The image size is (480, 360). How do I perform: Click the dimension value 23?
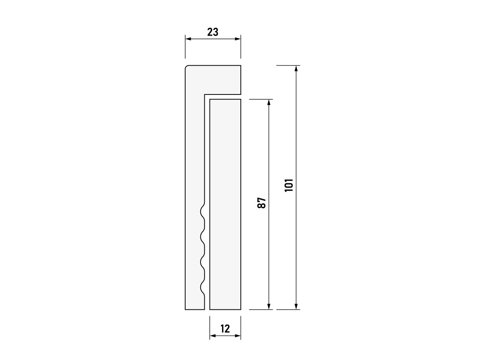coord(213,32)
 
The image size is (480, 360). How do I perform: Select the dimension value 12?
coord(225,329)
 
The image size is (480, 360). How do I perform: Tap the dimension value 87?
coord(262,203)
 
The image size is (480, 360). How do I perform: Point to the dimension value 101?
coord(289,185)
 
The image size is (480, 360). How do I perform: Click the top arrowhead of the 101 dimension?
coord(296,68)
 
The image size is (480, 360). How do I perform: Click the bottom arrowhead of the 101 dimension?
coord(296,307)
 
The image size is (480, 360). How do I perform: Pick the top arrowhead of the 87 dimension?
coord(269,102)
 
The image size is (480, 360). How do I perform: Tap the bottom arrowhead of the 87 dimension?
coord(269,307)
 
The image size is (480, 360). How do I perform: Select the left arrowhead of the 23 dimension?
coord(188,39)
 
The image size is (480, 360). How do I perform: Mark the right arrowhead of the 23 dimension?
coord(238,39)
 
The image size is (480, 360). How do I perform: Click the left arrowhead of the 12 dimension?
coord(213,335)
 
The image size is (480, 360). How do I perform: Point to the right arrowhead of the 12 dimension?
coord(238,335)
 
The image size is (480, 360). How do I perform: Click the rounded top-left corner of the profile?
coord(187,67)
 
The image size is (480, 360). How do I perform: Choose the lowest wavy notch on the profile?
coord(202,288)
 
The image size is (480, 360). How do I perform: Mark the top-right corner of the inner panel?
coord(240,100)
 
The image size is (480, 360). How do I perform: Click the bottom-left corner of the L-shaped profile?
coord(186,309)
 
